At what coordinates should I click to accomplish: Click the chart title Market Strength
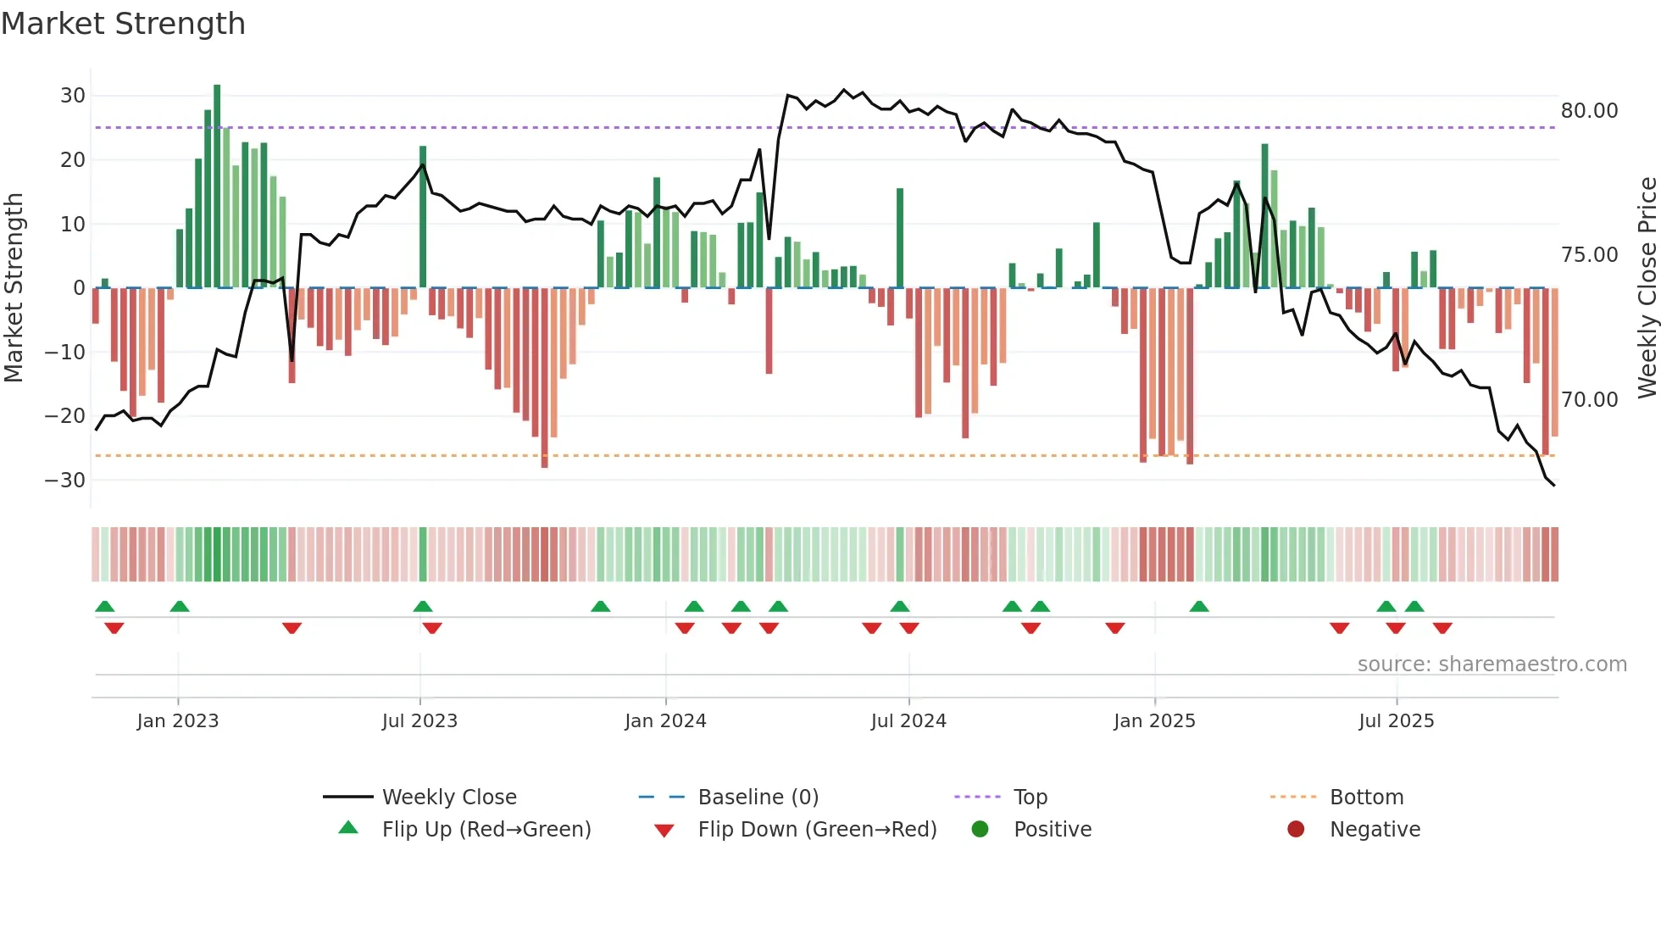click(123, 24)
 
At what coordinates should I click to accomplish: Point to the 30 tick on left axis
click(73, 96)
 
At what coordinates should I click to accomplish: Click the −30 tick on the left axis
click(65, 481)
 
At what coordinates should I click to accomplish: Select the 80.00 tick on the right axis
click(1589, 111)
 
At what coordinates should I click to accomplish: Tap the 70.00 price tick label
click(1589, 400)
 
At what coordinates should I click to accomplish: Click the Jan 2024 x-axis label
click(665, 721)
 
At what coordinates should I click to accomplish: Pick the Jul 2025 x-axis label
click(1396, 721)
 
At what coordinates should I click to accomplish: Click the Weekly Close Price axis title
click(1647, 288)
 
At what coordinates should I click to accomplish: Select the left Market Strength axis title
click(14, 288)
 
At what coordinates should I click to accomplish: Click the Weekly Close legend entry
click(449, 798)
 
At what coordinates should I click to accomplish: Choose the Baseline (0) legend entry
click(758, 798)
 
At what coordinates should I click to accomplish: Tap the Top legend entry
click(1030, 798)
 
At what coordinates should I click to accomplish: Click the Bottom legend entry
click(1366, 798)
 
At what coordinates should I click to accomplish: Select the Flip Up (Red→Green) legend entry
click(486, 830)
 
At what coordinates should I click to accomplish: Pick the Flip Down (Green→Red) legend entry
click(817, 830)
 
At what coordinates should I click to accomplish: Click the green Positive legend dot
click(980, 830)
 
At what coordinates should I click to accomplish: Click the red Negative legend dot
click(1296, 830)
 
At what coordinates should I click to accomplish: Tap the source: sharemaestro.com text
click(1492, 664)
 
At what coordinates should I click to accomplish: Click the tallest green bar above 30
click(217, 186)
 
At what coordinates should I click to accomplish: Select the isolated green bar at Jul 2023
click(423, 217)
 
